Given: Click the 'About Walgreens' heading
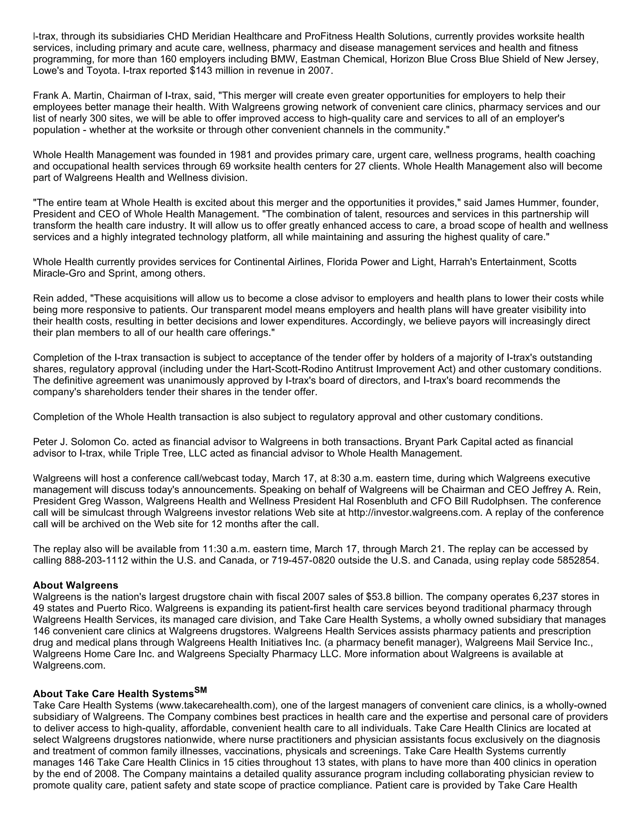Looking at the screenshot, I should click(76, 585).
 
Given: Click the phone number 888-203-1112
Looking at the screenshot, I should click(97, 560).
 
